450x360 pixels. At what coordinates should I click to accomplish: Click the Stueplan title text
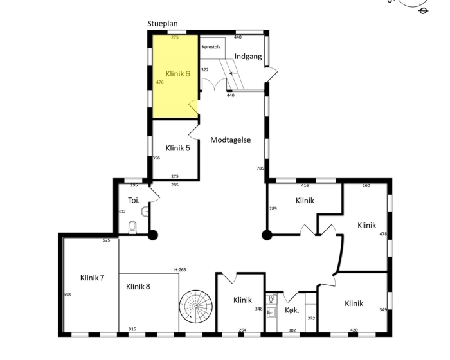point(163,24)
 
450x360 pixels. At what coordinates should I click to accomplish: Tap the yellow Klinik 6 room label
point(178,74)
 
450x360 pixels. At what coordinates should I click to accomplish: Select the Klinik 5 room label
point(178,148)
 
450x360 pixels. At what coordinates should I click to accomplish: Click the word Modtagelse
point(231,139)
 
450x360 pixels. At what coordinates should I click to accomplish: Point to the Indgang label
point(248,57)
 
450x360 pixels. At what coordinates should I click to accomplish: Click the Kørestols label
point(212,47)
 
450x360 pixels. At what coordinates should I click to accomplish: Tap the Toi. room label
point(134,200)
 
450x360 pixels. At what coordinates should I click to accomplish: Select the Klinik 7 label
point(92,278)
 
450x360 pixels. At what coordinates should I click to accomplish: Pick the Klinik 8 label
point(138,287)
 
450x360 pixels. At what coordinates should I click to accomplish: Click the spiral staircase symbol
point(196,306)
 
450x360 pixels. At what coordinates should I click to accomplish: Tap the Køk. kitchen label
point(292,310)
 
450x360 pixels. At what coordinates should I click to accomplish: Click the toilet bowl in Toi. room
point(132,227)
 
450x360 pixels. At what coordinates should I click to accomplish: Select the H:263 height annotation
point(180,269)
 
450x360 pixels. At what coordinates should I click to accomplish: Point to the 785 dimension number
point(260,168)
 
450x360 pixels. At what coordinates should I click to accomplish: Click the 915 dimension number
point(132,329)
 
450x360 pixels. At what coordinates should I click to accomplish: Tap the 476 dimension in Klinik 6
point(160,82)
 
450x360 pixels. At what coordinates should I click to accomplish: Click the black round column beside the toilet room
point(153,235)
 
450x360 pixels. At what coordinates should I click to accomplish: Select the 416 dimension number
point(305,185)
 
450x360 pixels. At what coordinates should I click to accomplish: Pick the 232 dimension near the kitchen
point(311,318)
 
